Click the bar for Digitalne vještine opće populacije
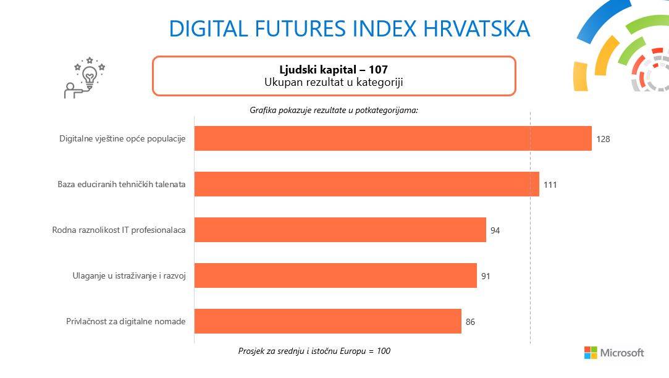click(x=393, y=138)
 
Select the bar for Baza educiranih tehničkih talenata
click(x=367, y=184)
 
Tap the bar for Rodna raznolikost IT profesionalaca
click(x=340, y=230)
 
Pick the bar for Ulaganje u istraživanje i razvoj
click(x=335, y=275)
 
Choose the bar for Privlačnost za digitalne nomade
click(x=328, y=321)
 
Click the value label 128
click(x=603, y=139)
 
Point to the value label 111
click(x=550, y=185)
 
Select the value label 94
click(x=495, y=230)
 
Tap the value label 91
click(x=486, y=276)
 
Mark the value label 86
click(x=470, y=322)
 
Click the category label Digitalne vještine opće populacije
click(x=122, y=138)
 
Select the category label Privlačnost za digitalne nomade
click(x=125, y=321)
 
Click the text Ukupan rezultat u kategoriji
click(x=334, y=82)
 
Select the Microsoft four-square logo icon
click(x=591, y=353)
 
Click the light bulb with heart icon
click(x=90, y=77)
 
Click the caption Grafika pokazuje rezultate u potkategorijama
click(x=334, y=110)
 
